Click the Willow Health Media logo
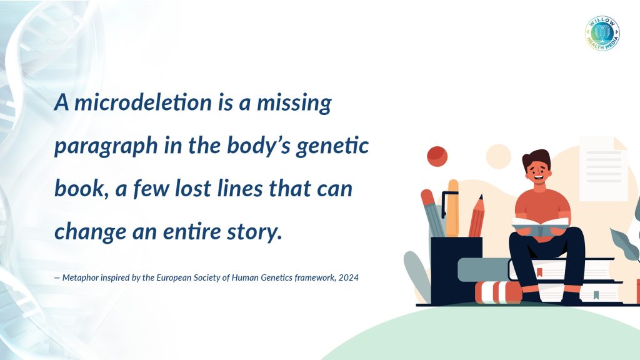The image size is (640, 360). pos(602,34)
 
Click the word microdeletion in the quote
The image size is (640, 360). pos(143,102)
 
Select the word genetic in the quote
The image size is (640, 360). pos(332,146)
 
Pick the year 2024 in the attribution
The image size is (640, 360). pos(349,277)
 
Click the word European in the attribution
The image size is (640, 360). pos(174,278)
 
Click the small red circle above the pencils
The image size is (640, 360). pos(437,156)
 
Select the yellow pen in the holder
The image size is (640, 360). pos(452,208)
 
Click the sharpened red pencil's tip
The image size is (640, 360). pos(481,196)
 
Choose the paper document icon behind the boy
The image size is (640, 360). pos(604,169)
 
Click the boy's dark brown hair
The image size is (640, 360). pos(536,158)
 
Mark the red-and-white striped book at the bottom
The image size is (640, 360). pos(499,292)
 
